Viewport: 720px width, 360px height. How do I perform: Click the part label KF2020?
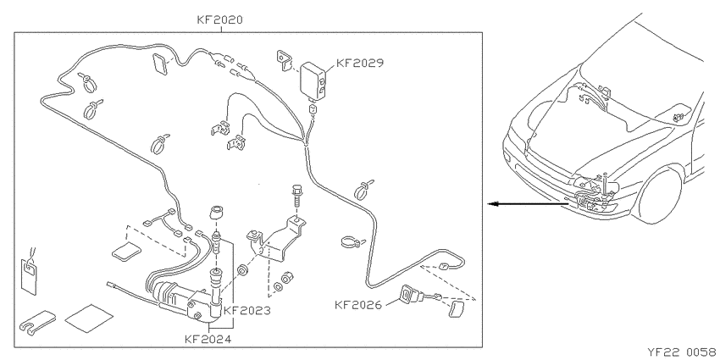[x=220, y=19]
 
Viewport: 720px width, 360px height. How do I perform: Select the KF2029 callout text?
[x=359, y=63]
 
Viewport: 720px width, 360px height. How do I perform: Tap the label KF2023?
[x=247, y=310]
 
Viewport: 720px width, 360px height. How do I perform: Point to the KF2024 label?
[x=208, y=340]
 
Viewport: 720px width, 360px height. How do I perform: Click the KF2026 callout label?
[x=357, y=304]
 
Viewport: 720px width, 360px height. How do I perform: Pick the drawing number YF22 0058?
[x=684, y=352]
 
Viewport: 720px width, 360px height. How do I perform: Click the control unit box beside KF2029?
[x=313, y=80]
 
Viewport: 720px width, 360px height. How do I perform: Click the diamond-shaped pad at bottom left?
[x=89, y=318]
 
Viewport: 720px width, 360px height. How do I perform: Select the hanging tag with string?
[x=29, y=274]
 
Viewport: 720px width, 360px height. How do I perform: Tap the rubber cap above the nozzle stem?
[x=217, y=213]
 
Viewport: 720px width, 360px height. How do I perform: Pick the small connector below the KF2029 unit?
[x=313, y=110]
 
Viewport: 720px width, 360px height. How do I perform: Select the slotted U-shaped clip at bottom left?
[x=37, y=321]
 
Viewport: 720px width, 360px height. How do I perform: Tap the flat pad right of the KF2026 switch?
[x=457, y=308]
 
